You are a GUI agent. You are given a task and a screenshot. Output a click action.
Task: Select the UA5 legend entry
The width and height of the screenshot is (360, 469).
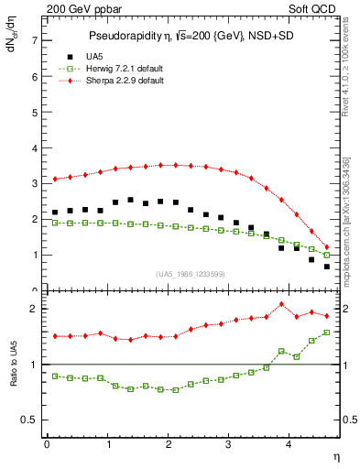(96, 56)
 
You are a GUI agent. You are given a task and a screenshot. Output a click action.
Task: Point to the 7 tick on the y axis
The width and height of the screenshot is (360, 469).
(34, 40)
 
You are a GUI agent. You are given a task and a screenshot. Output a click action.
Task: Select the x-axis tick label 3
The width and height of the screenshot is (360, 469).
(229, 444)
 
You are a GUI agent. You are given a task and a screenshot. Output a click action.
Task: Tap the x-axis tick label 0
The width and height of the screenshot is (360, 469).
(47, 444)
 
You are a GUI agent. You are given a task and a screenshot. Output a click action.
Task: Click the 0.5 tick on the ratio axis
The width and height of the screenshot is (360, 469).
(29, 420)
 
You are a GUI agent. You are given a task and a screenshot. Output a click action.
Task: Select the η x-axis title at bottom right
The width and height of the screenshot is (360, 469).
(335, 456)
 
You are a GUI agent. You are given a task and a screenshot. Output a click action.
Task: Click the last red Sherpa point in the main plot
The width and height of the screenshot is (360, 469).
(326, 247)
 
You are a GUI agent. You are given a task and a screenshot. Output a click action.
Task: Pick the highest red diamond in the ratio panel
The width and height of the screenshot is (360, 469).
(281, 304)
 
